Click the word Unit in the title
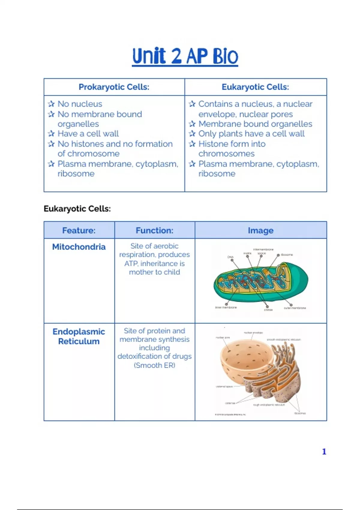(149, 56)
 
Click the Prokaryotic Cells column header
(114, 87)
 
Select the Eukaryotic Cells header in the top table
(255, 87)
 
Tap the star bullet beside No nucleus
(51, 104)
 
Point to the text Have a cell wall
(88, 133)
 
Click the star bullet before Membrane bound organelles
(192, 124)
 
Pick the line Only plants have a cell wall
(251, 133)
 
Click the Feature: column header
(79, 230)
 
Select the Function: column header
(154, 230)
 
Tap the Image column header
(260, 230)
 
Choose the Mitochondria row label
(79, 247)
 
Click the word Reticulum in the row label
(79, 341)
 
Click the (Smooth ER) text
(154, 365)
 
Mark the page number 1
(324, 451)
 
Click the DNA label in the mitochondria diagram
(230, 257)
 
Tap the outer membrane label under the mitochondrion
(295, 308)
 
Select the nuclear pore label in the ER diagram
(223, 337)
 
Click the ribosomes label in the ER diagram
(300, 413)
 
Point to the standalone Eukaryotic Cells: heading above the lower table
(77, 209)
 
